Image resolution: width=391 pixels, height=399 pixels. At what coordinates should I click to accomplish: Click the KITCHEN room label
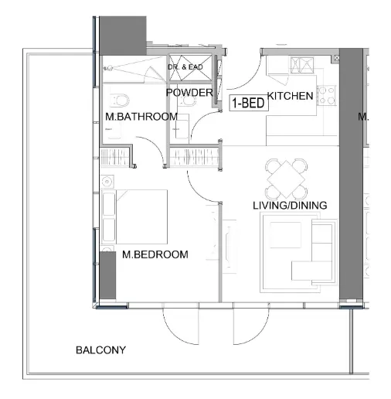[291, 97]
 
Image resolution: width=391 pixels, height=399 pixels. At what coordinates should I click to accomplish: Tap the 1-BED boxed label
[247, 102]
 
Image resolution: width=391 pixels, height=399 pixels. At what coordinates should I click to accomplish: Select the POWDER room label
[189, 93]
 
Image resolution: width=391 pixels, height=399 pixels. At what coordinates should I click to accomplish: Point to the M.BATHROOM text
[141, 117]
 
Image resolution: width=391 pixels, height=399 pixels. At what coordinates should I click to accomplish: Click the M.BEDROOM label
[155, 254]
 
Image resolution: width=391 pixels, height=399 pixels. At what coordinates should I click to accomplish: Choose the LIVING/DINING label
[290, 206]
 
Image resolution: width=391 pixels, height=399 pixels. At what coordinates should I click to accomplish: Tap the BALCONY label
[100, 350]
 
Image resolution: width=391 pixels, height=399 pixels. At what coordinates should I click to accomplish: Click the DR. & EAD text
[185, 68]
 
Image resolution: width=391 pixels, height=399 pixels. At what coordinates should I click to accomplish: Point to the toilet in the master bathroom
[119, 101]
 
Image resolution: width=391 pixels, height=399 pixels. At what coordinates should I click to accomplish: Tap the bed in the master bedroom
[139, 216]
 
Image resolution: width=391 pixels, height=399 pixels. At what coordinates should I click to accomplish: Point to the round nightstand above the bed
[107, 182]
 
